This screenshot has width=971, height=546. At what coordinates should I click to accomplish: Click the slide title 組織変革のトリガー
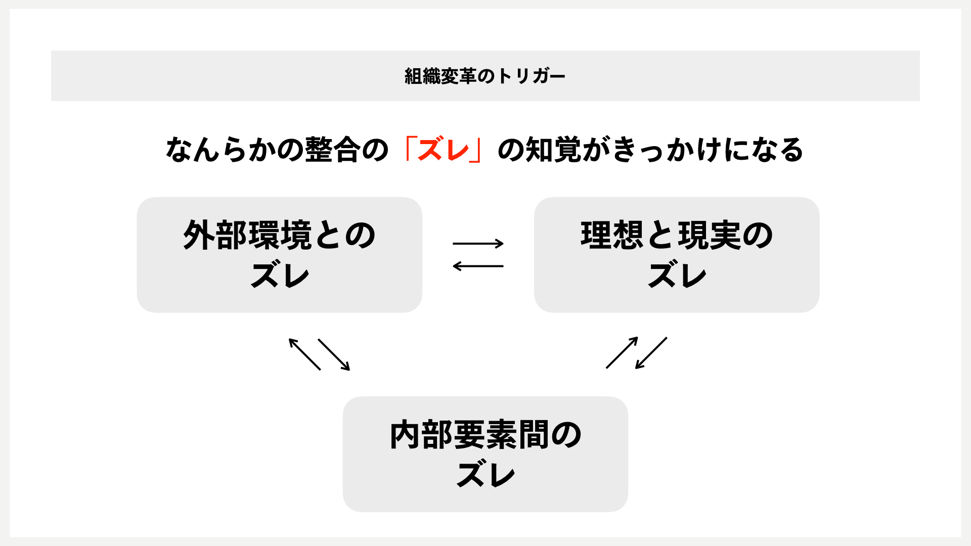pyautogui.click(x=484, y=76)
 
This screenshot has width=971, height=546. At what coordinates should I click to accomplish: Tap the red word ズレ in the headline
pyautogui.click(x=444, y=150)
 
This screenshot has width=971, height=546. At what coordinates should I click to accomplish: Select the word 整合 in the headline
pyautogui.click(x=333, y=150)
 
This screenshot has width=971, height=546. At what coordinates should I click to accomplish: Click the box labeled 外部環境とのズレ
pyautogui.click(x=279, y=255)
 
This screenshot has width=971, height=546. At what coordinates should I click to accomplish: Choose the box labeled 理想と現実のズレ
pyautogui.click(x=677, y=255)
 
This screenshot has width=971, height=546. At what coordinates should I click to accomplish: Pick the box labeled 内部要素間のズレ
pyautogui.click(x=485, y=454)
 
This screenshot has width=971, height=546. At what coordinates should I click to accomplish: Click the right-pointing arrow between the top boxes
pyautogui.click(x=478, y=244)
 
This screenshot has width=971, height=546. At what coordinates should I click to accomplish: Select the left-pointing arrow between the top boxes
pyautogui.click(x=478, y=266)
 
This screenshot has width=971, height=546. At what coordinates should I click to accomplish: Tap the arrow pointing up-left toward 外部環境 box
pyautogui.click(x=304, y=354)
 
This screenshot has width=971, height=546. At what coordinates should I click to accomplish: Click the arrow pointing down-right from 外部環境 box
pyautogui.click(x=334, y=354)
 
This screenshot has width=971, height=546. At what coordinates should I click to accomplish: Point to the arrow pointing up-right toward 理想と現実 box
pyautogui.click(x=622, y=352)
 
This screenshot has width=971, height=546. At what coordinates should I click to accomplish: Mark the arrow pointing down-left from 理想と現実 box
pyautogui.click(x=651, y=353)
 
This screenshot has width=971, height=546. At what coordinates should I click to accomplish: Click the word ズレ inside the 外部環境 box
pyautogui.click(x=280, y=276)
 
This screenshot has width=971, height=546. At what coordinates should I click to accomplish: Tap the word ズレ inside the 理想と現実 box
pyautogui.click(x=677, y=276)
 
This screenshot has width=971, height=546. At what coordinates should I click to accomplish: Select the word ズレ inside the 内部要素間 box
pyautogui.click(x=485, y=475)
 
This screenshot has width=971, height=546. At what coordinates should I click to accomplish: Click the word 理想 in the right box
pyautogui.click(x=612, y=235)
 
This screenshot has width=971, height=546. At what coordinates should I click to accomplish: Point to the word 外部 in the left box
pyautogui.click(x=215, y=235)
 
